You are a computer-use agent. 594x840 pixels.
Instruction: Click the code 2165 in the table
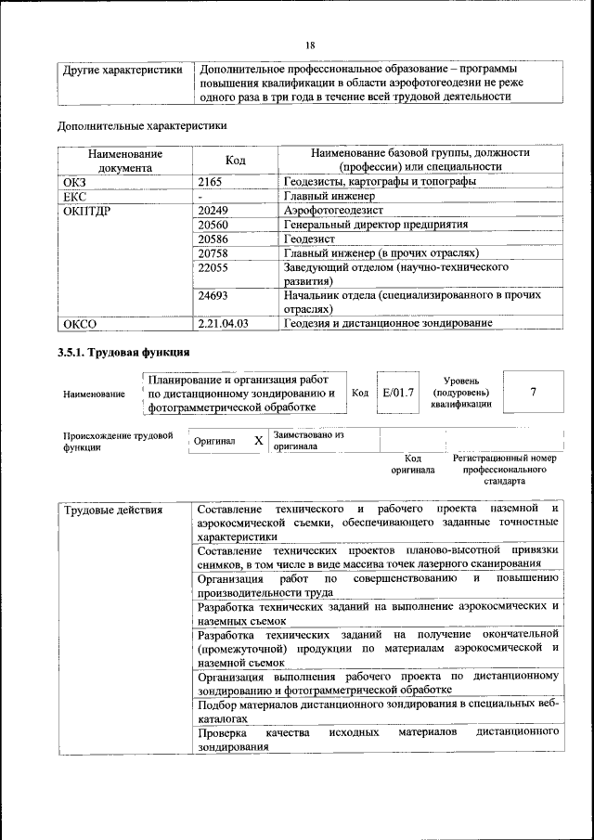(213, 182)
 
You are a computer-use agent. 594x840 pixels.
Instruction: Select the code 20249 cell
(214, 211)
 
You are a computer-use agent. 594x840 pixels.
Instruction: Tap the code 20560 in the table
(214, 226)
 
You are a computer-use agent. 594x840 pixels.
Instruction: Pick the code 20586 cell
(214, 239)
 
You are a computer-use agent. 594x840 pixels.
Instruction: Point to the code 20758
(214, 253)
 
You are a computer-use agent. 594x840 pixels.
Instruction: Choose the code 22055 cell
(214, 267)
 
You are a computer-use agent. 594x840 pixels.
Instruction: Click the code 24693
(214, 295)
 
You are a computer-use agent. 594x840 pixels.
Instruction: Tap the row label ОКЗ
(74, 182)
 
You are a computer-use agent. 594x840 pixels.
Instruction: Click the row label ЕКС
(74, 197)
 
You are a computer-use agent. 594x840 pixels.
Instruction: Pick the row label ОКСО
(79, 324)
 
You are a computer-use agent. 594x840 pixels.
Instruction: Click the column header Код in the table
(236, 160)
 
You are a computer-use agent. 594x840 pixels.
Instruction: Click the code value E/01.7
(398, 393)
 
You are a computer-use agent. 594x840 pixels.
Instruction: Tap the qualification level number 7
(533, 392)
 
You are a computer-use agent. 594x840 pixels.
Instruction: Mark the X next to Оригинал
(259, 441)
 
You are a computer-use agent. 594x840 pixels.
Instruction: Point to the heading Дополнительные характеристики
(142, 125)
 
